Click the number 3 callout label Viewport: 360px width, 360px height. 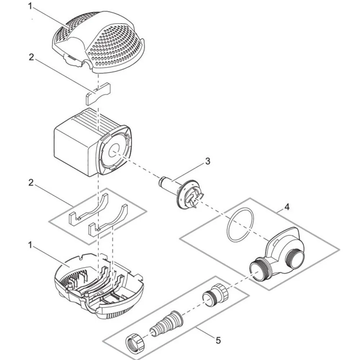click(x=208, y=161)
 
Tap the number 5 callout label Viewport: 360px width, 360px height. click(x=219, y=339)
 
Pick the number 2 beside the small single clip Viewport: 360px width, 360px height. click(x=31, y=57)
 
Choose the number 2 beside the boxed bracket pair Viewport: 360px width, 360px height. click(x=31, y=183)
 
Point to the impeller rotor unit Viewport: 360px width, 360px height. click(x=184, y=191)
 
